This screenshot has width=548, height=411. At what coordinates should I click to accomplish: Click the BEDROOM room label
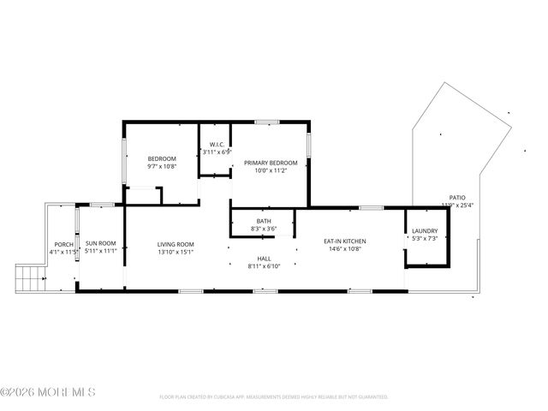click(162, 159)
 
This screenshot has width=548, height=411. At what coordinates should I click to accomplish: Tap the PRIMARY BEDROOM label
click(271, 163)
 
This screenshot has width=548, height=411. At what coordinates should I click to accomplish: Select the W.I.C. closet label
click(215, 144)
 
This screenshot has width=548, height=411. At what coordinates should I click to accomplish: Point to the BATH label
click(263, 221)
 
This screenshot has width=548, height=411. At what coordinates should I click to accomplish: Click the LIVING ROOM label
click(176, 244)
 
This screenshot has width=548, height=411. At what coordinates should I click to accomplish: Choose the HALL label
click(264, 259)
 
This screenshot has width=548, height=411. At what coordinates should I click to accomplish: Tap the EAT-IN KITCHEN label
click(342, 241)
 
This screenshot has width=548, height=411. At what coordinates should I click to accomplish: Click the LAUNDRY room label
click(425, 231)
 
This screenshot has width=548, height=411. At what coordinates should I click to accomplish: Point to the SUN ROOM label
click(100, 244)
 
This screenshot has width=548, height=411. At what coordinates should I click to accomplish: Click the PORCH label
click(63, 244)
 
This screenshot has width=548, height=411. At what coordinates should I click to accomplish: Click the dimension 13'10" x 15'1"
click(176, 252)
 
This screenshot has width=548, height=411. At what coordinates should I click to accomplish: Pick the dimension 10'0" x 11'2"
click(271, 171)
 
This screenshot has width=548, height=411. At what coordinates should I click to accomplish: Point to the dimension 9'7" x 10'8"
click(162, 168)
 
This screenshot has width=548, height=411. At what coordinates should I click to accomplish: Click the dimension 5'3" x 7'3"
click(425, 239)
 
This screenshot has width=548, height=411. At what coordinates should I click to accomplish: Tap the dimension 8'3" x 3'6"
click(263, 229)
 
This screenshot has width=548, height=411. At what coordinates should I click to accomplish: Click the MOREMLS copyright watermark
click(48, 392)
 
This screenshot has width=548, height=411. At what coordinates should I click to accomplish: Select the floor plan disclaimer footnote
click(274, 397)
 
